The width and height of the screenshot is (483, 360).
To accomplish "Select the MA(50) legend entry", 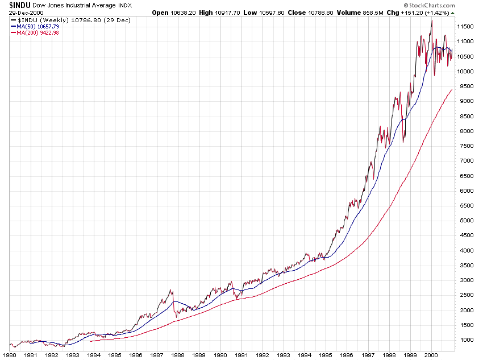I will pos(35,26).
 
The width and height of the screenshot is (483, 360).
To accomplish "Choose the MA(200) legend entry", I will pos(35,33).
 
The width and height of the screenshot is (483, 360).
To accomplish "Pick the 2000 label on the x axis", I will pos(432,354).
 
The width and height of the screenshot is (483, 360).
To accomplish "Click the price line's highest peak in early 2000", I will pos(432,20).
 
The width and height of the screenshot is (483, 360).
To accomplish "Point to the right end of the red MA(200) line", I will pos(452,89).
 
